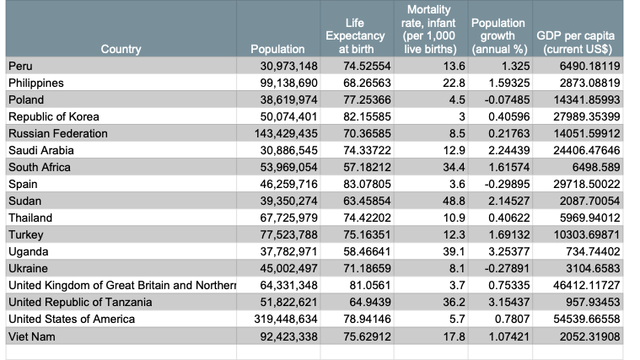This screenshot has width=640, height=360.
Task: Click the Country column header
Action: coord(121,50)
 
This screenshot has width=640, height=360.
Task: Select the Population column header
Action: coord(277,50)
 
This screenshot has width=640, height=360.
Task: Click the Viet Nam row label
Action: coord(31,336)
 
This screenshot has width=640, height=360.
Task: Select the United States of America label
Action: coord(72,320)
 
